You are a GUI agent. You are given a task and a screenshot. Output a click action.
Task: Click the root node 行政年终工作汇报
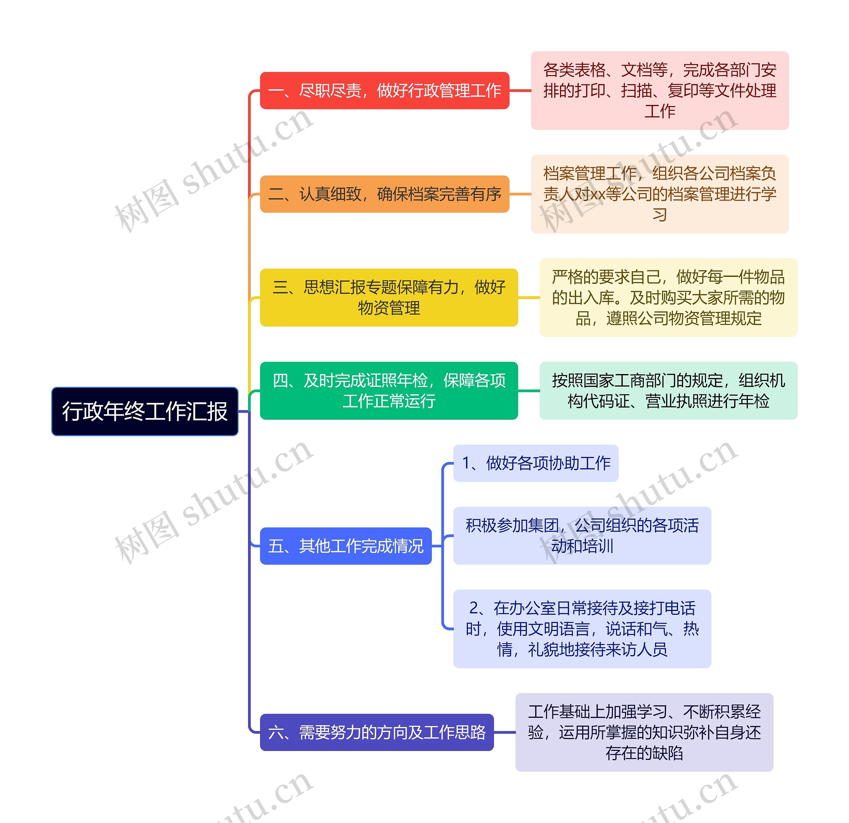[145, 411]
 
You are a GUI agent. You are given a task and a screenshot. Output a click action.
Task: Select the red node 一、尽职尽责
[384, 91]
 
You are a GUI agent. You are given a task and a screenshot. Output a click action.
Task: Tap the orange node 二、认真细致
[384, 194]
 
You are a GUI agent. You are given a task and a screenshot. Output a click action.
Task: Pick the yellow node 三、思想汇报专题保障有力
[389, 297]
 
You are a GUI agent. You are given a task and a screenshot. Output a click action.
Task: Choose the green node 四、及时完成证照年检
[389, 391]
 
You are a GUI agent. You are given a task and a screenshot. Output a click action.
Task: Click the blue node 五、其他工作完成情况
[346, 546]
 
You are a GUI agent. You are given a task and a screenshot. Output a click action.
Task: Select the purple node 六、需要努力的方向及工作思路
[376, 732]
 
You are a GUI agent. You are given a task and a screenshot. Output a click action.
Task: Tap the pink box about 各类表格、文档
[660, 91]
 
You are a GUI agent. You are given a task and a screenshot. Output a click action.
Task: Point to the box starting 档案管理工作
[660, 194]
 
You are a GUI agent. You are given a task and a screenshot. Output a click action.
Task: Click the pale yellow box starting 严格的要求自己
[668, 297]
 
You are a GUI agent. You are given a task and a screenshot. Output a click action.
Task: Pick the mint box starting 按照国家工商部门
[668, 391]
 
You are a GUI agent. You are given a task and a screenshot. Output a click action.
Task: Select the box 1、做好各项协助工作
[536, 463]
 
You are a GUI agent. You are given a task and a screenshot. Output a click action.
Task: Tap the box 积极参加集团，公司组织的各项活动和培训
[582, 536]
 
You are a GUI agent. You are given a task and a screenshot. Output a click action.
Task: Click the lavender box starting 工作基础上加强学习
[644, 732]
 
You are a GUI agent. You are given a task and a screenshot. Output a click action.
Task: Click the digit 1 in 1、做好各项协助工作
[466, 463]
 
